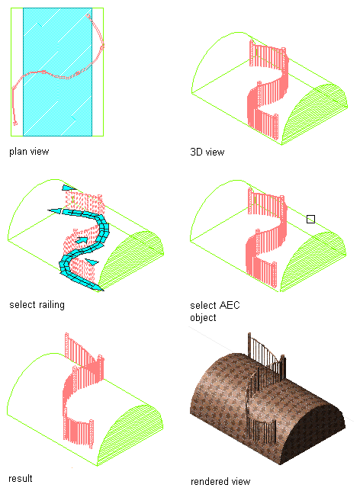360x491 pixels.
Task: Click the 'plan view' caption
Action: point(29,152)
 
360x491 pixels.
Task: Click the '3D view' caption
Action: point(207,152)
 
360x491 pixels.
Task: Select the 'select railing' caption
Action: point(37,305)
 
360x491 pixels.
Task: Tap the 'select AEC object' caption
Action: point(215,311)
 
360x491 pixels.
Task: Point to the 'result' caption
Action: point(21,479)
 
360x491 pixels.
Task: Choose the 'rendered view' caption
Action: point(220,481)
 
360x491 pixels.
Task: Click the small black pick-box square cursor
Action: point(310,220)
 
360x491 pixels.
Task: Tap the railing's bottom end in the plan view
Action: point(15,124)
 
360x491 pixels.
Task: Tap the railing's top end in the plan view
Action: point(88,16)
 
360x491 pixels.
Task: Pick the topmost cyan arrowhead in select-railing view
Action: point(69,188)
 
